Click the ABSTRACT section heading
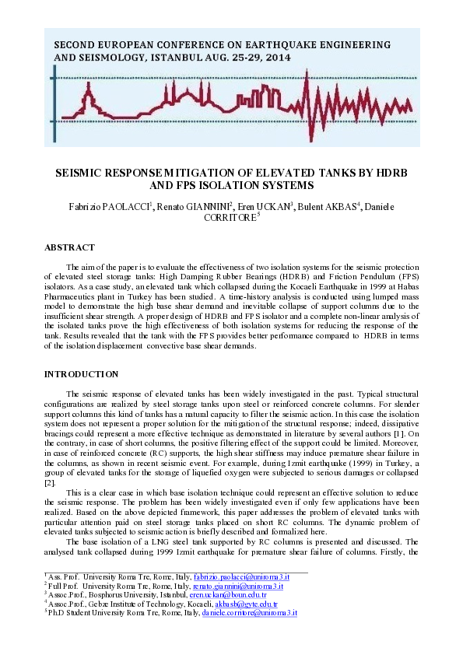point(69,247)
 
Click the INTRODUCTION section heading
point(81,374)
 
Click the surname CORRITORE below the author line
point(229,219)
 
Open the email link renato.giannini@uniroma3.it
point(237,586)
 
